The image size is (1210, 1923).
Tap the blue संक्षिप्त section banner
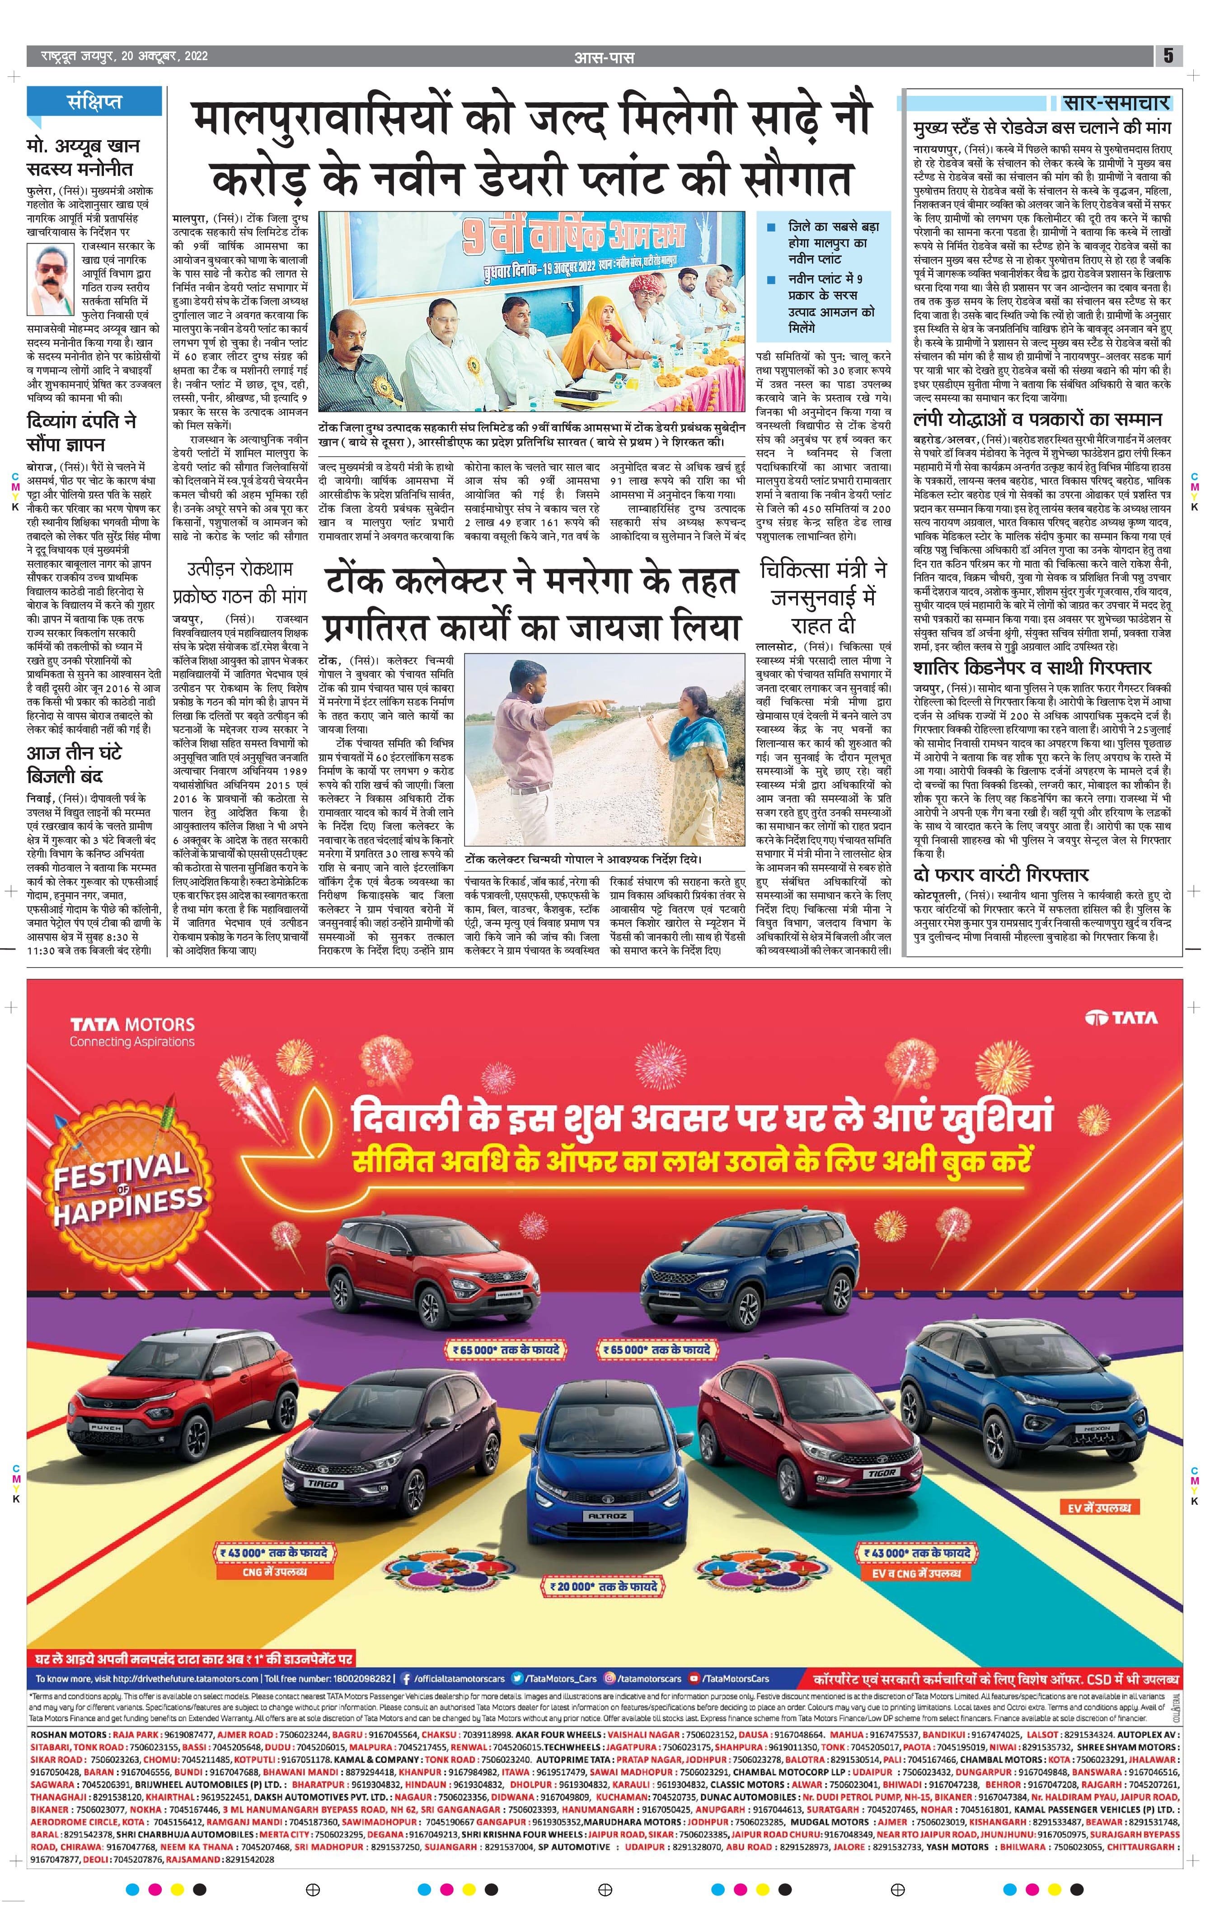(x=95, y=102)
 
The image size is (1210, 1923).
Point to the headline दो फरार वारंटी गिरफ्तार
(x=1001, y=874)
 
